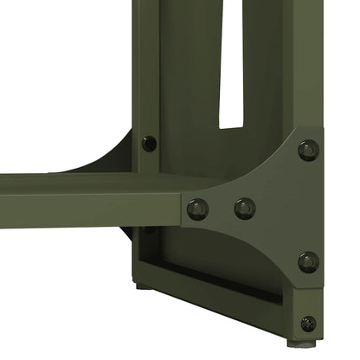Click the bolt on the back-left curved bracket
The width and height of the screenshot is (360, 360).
149,143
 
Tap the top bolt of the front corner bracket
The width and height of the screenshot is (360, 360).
308,150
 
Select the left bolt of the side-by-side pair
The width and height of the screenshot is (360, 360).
197,209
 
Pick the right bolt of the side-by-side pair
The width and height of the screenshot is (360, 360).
245,208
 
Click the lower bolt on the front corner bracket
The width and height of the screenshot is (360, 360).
308,261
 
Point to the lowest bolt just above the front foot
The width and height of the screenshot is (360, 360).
308,324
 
